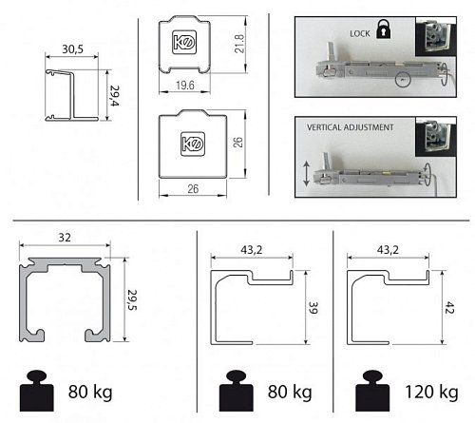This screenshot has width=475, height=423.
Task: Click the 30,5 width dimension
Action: pyautogui.click(x=72, y=49)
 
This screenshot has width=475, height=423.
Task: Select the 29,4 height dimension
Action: pyautogui.click(x=114, y=96)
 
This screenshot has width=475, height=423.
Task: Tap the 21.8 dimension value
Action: pyautogui.click(x=239, y=44)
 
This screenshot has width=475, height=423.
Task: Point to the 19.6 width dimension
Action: pyautogui.click(x=185, y=86)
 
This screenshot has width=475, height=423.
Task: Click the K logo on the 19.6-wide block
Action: pyautogui.click(x=184, y=42)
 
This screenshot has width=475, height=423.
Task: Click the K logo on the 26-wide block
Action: pyautogui.click(x=193, y=144)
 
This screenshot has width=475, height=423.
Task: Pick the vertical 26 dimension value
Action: pyautogui.click(x=237, y=143)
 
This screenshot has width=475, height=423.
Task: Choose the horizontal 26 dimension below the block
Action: pyautogui.click(x=193, y=189)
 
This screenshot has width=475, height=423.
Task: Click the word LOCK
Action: pyautogui.click(x=360, y=33)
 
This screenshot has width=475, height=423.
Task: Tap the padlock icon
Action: pyautogui.click(x=384, y=29)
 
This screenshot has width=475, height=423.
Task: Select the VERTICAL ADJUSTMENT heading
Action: pyautogui.click(x=350, y=127)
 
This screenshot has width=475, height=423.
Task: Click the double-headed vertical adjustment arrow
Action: pyautogui.click(x=306, y=173)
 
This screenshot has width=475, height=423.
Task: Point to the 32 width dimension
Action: pyautogui.click(x=65, y=238)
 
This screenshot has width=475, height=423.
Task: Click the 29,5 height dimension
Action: pyautogui.click(x=132, y=299)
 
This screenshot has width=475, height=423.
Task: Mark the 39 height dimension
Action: pyautogui.click(x=313, y=308)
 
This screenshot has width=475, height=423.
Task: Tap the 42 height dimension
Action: pyautogui.click(x=449, y=308)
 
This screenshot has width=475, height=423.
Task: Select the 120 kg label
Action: pyautogui.click(x=431, y=393)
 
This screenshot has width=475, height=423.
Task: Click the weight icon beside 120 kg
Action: pyautogui.click(x=372, y=391)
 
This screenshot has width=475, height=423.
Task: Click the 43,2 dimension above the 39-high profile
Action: pyautogui.click(x=252, y=250)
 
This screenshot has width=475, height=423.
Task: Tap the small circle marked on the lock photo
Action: pyautogui.click(x=403, y=79)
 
